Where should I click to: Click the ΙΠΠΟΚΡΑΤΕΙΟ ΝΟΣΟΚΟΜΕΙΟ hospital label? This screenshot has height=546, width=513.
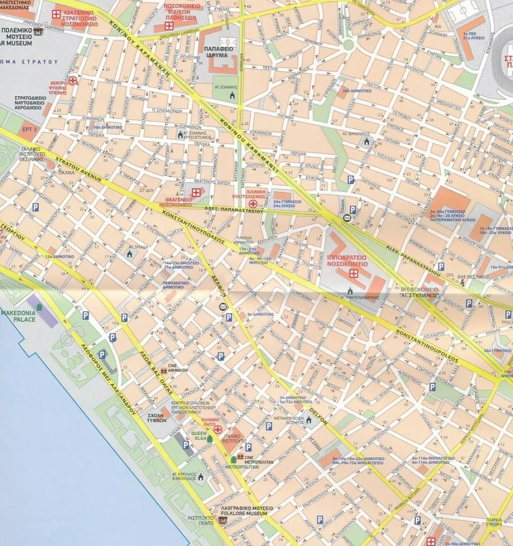(348, 259)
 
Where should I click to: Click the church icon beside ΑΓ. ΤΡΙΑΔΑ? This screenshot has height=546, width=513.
(130, 254)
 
